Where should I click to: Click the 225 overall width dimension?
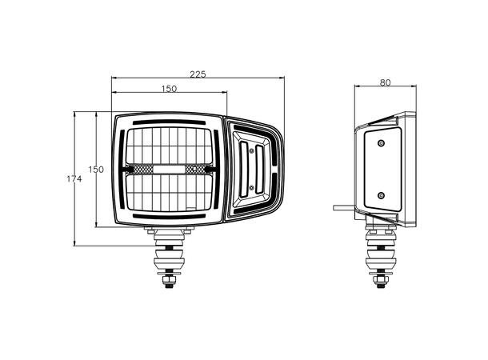coord(198,74)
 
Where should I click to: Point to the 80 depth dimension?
coord(386,81)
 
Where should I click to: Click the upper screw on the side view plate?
coord(381,142)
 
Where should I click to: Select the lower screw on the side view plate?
coord(381,194)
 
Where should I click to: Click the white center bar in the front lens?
coord(169,169)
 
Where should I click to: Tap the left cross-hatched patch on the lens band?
coord(142,169)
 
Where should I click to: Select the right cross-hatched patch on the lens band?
coord(196,169)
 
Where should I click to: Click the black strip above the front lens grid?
coord(168,122)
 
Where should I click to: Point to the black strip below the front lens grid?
coord(168,216)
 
